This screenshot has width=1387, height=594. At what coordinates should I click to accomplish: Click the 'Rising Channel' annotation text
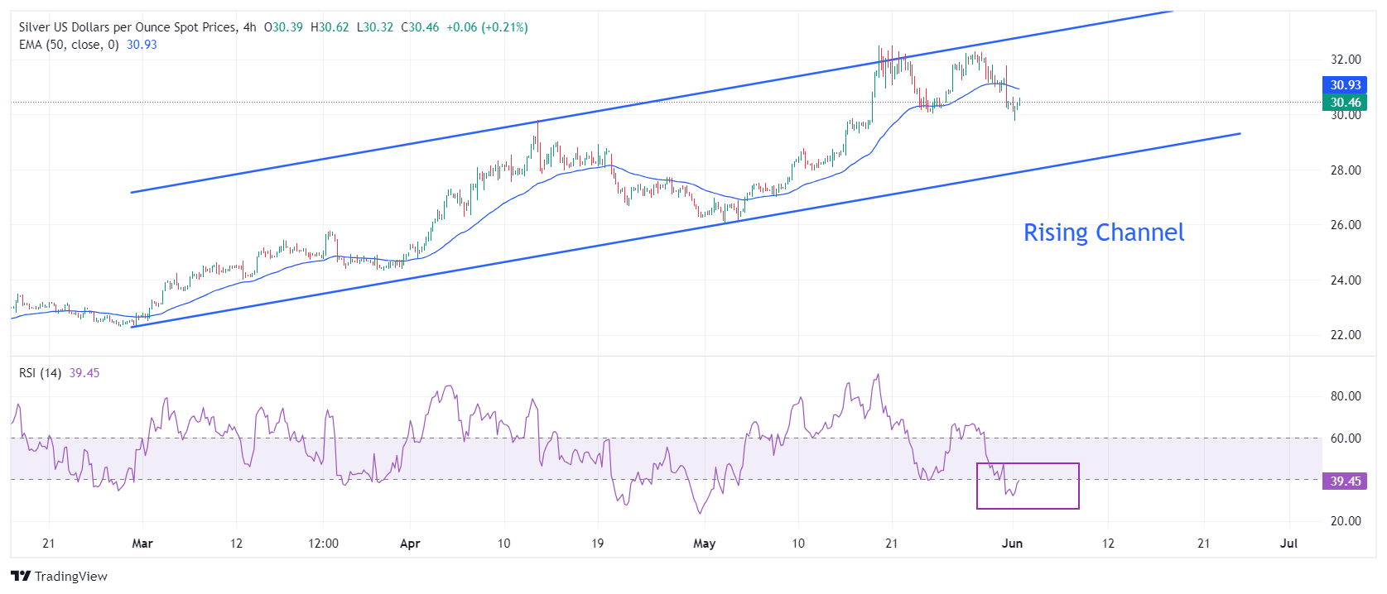tap(1104, 232)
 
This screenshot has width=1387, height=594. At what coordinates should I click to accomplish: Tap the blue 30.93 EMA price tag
tap(1345, 85)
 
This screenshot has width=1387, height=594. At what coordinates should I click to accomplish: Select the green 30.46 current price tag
tap(1345, 103)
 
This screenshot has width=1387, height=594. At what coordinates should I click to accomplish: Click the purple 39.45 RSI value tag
tap(1345, 481)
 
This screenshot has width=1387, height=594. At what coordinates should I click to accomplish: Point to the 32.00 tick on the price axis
tap(1345, 60)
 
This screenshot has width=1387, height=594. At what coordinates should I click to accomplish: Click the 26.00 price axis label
tap(1345, 225)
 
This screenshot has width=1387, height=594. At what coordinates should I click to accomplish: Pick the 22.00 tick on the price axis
tap(1345, 335)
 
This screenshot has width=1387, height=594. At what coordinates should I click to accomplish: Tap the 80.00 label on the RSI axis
tap(1345, 396)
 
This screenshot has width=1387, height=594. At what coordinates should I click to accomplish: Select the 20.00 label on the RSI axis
tap(1345, 521)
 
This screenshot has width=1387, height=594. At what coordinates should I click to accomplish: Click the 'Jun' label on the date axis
tap(1012, 544)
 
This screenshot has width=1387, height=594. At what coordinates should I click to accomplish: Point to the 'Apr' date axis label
tap(410, 544)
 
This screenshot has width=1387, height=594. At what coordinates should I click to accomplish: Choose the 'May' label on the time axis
tap(704, 544)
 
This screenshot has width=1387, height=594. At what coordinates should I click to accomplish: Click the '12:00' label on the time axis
tap(323, 544)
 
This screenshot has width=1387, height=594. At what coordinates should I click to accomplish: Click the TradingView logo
tap(60, 577)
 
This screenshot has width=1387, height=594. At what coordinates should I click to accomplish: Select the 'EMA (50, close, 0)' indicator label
tap(69, 45)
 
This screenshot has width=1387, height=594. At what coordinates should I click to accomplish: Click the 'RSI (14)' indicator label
tap(40, 373)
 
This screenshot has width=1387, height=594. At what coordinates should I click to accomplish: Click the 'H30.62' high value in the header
tap(330, 27)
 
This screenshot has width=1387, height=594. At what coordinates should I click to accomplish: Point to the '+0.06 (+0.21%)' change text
tap(487, 27)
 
